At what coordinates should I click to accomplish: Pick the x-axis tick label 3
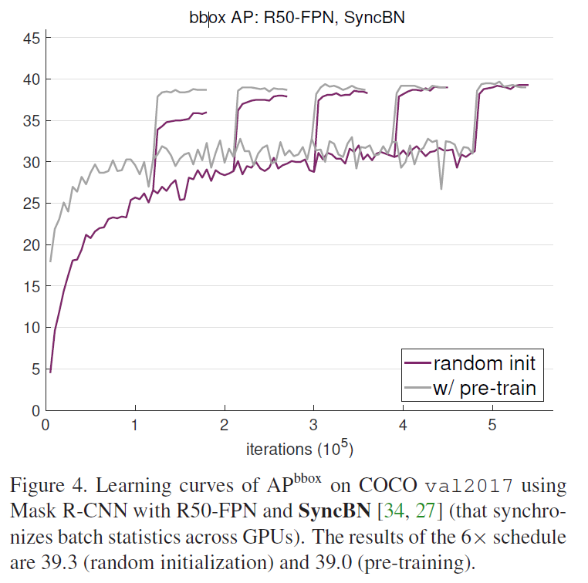[314, 425]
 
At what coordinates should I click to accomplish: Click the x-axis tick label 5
[492, 425]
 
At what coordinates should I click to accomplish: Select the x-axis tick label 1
[135, 425]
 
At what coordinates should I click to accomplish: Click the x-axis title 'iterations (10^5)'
[299, 448]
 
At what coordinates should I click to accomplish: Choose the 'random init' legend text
[484, 362]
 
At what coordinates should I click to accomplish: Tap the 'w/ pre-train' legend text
[484, 387]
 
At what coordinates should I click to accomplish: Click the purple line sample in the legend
[417, 363]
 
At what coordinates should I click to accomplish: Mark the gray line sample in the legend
[417, 388]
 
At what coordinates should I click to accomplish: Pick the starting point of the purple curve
[50, 372]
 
